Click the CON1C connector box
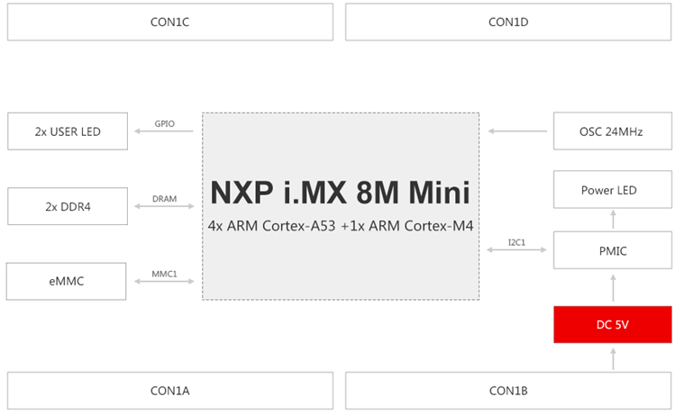click(169, 22)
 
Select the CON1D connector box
click(508, 22)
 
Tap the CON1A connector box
click(169, 391)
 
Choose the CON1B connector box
click(508, 391)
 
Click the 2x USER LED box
click(68, 131)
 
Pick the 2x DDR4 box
click(68, 206)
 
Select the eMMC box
click(68, 281)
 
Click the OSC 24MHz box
click(612, 131)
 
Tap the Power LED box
click(612, 191)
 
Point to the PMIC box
click(612, 250)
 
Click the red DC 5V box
click(612, 324)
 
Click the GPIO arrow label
click(164, 123)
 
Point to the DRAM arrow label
click(164, 198)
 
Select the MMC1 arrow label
click(164, 273)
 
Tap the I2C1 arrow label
click(516, 241)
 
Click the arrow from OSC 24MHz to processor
click(517, 131)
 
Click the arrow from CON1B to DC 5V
click(613, 357)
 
